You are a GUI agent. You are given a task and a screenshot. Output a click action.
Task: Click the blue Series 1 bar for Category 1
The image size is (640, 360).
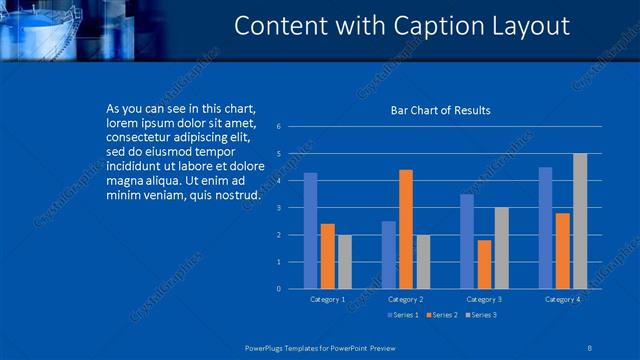[x=310, y=231]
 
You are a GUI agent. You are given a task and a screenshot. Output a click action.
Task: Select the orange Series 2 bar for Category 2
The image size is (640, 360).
[x=405, y=229]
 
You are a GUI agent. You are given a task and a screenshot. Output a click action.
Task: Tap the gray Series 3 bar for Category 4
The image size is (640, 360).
[x=580, y=221]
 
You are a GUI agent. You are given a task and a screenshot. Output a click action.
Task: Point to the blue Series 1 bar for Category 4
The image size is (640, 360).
[x=545, y=228]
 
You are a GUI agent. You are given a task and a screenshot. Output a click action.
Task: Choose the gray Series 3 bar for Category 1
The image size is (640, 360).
[x=344, y=262]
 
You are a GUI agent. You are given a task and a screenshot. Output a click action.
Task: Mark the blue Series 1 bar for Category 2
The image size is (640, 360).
[x=388, y=255]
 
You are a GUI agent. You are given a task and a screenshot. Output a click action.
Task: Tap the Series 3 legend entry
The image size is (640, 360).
[x=481, y=315]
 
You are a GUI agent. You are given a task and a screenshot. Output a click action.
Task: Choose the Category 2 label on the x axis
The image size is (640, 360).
[x=406, y=299]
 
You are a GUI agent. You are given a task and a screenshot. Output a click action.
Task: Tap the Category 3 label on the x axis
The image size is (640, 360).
[x=484, y=299]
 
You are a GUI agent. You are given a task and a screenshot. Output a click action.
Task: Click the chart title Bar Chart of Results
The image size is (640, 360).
[x=440, y=110]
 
